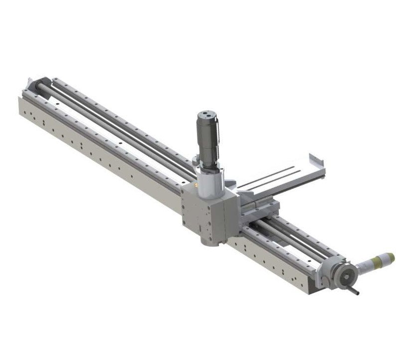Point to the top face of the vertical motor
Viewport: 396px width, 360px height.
click(x=205, y=113)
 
